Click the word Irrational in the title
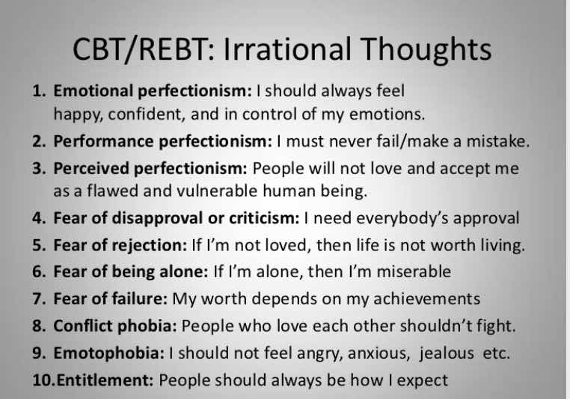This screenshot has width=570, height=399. pyautogui.click(x=287, y=49)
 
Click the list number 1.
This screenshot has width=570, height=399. pyautogui.click(x=39, y=90)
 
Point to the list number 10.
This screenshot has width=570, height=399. pyautogui.click(x=43, y=380)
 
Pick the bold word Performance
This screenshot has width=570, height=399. pyautogui.click(x=104, y=141)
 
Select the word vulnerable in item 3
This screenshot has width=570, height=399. pyautogui.click(x=217, y=191)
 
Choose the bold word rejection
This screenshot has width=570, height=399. pyautogui.click(x=150, y=245)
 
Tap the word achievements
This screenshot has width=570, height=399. pyautogui.click(x=427, y=299)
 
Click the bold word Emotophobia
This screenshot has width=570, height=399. pyautogui.click(x=109, y=353)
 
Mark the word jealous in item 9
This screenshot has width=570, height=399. pyautogui.click(x=447, y=353)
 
